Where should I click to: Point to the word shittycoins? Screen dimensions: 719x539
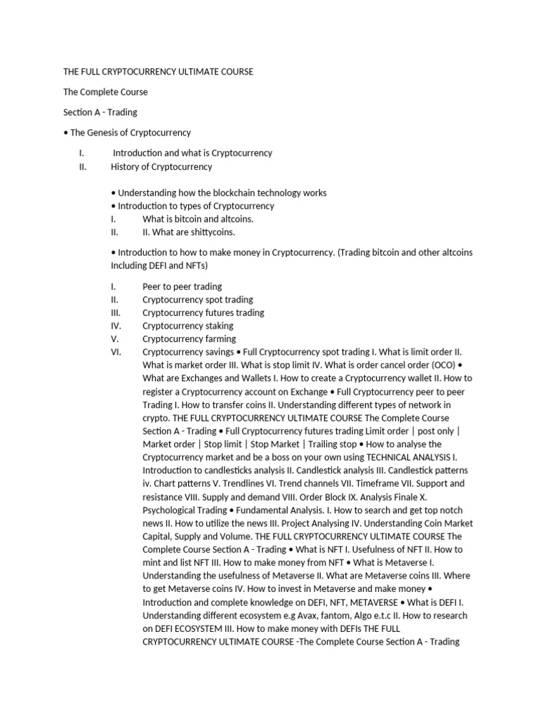click(210, 232)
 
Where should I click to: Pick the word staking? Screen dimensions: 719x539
click(218, 326)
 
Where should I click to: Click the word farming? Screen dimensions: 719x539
click(219, 339)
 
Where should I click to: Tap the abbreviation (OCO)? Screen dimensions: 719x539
click(439, 365)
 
